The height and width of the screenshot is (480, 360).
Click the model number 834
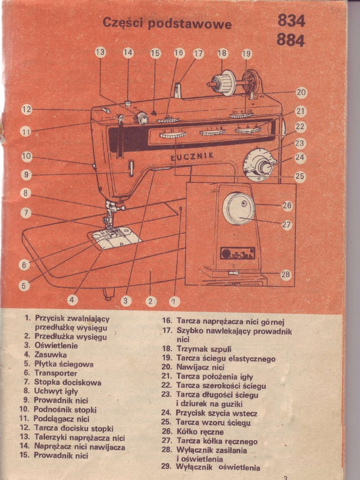coord(291,21)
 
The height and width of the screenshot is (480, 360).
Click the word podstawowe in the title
coord(189,23)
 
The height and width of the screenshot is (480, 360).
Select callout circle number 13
coord(100,52)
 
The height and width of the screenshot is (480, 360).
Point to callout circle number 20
coord(301,93)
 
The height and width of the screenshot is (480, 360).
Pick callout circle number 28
coord(285,275)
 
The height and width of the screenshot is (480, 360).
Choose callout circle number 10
coord(27,157)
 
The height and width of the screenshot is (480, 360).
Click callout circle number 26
coord(287,205)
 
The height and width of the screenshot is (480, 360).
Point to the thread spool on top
coord(224,83)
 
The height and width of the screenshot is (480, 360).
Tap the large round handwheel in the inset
coord(238,208)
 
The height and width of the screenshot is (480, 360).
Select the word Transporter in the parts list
coord(56,373)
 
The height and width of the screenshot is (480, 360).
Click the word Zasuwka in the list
coord(51,355)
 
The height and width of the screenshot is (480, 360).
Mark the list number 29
coord(166,467)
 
